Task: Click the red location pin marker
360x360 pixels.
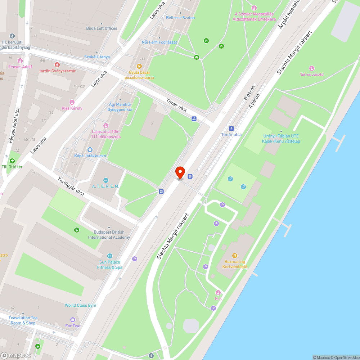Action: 180,172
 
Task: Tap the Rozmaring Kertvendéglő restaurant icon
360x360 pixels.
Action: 235,256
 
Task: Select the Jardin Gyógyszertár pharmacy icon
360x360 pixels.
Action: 57,65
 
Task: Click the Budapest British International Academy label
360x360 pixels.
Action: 109,235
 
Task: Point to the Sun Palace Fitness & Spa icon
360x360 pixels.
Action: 110,256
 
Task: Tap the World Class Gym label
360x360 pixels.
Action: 80,305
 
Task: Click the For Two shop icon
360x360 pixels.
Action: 73,320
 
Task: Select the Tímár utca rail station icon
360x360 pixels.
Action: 231,128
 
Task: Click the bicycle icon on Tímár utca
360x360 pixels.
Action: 194,118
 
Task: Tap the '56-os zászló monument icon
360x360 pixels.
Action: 312,68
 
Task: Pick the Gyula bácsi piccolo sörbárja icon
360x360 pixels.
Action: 139,66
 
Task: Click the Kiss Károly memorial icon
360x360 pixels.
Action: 72,102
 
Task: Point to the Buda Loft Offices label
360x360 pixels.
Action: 102,28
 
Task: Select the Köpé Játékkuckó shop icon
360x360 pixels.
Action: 90,150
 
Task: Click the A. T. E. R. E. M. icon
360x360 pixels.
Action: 105,180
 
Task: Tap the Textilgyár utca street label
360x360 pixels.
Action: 71,186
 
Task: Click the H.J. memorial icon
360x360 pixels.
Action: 218,292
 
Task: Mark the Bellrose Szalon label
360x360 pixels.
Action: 180,18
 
